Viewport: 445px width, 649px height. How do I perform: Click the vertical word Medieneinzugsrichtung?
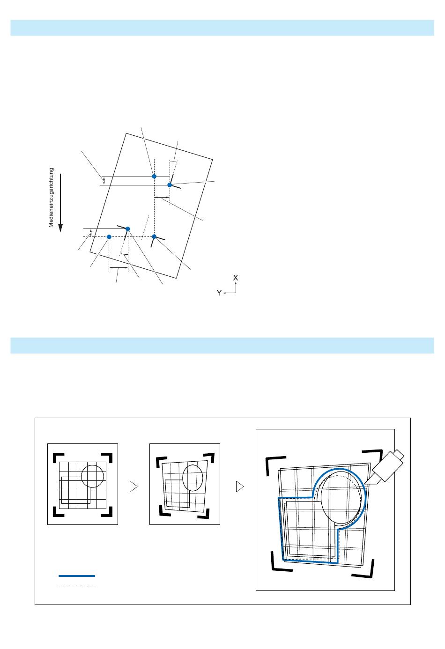click(x=52, y=198)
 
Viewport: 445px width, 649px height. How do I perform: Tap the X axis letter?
click(x=236, y=278)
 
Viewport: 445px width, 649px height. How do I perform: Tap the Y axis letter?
click(x=219, y=293)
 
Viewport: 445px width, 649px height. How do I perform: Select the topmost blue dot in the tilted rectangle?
click(x=154, y=176)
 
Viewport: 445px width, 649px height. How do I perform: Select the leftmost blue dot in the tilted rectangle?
click(x=109, y=237)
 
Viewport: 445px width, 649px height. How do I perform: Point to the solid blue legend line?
click(x=77, y=575)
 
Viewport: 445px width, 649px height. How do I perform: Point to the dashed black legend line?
click(x=77, y=586)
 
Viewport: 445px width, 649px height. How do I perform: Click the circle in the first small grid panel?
click(x=92, y=476)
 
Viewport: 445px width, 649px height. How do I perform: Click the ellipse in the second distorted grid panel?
click(x=193, y=478)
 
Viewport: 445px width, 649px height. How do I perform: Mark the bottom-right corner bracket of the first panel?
click(x=108, y=511)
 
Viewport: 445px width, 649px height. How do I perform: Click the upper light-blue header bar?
click(x=222, y=28)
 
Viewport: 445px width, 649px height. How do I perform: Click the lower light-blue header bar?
click(x=222, y=346)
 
